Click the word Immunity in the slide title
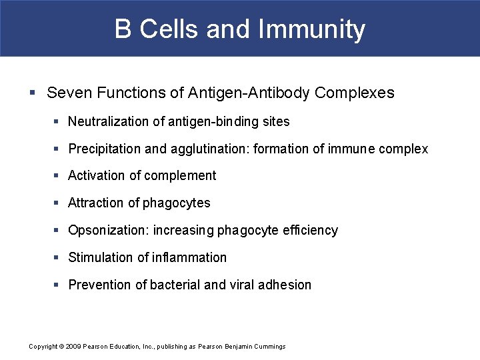pyautogui.click(x=311, y=30)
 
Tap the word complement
pyautogui.click(x=181, y=176)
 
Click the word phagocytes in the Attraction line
pyautogui.click(x=177, y=203)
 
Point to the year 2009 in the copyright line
pyautogui.click(x=71, y=347)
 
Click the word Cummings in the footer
pyautogui.click(x=271, y=347)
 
